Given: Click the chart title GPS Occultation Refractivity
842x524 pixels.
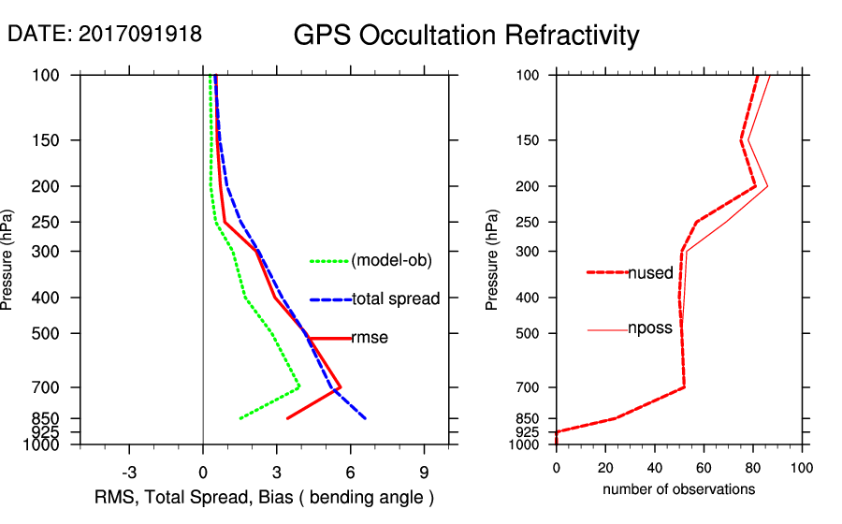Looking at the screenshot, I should coord(466,36).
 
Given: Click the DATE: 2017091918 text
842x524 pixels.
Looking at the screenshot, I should coord(105,34).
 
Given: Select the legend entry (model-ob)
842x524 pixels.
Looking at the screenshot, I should coord(392,261).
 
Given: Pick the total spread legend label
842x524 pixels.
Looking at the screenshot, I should coord(396,298).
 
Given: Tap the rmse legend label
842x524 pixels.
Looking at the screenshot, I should coord(370,338).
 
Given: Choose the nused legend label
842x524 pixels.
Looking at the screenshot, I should coord(650,272).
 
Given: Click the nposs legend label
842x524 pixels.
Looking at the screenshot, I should coord(650,328).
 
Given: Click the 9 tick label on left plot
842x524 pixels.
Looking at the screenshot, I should coord(424,472).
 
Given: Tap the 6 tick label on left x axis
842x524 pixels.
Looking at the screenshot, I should coord(351,472).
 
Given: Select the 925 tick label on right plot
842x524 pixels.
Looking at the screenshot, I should coord(528,432).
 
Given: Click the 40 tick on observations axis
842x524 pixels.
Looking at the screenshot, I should coord(655,470).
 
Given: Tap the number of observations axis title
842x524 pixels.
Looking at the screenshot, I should coord(678,489).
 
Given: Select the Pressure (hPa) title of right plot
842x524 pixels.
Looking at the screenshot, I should coord(493,260).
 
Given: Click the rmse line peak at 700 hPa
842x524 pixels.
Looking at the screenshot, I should coord(340,386).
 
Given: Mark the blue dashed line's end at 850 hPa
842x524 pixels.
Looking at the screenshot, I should coord(365,418).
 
